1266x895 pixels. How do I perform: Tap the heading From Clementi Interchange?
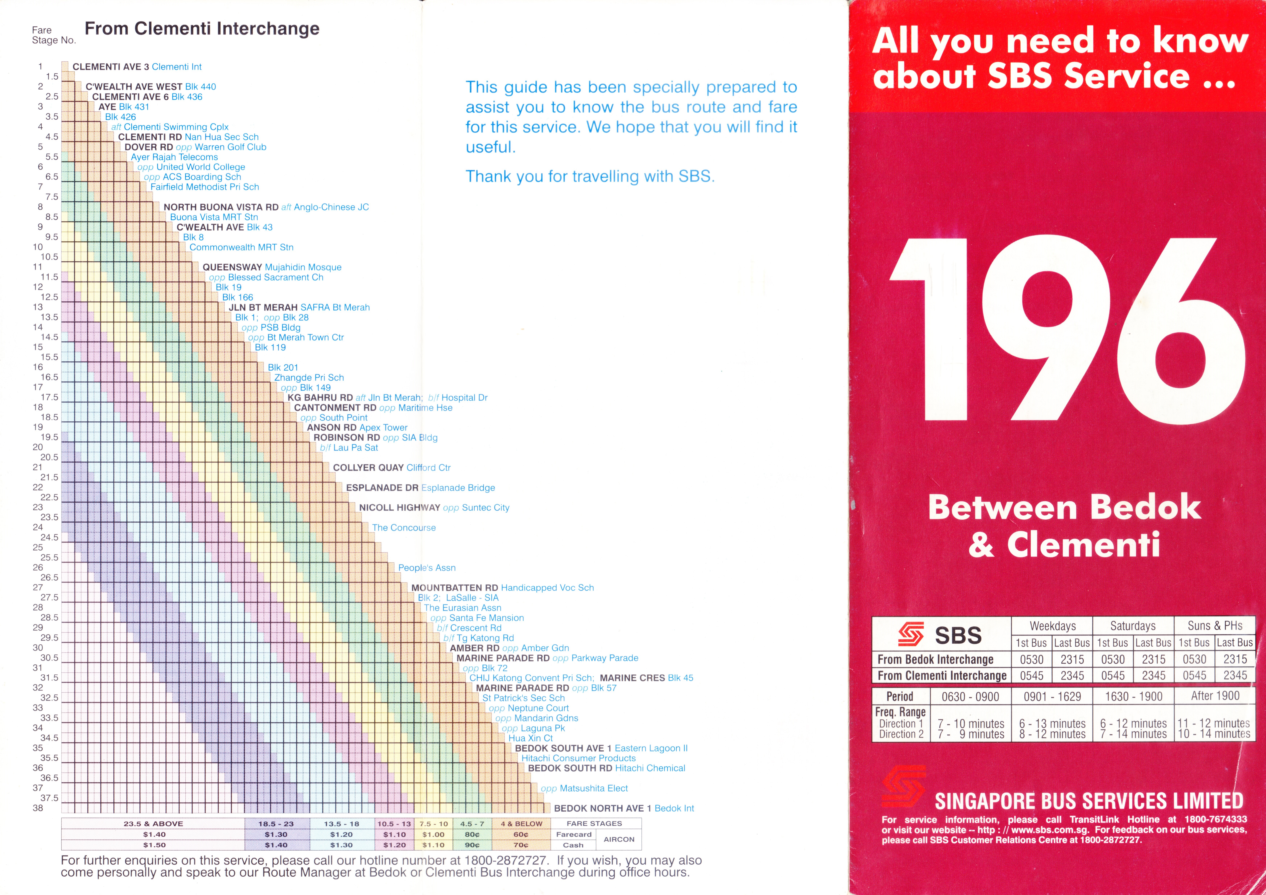tap(202, 29)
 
